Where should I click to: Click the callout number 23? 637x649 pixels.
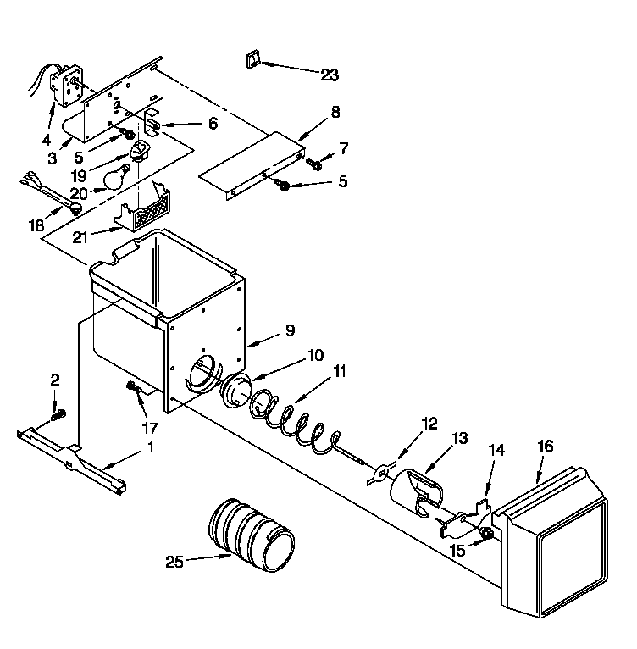[x=329, y=75]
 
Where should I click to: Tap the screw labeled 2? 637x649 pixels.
[x=58, y=415]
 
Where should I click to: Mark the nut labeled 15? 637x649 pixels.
[x=487, y=534]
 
